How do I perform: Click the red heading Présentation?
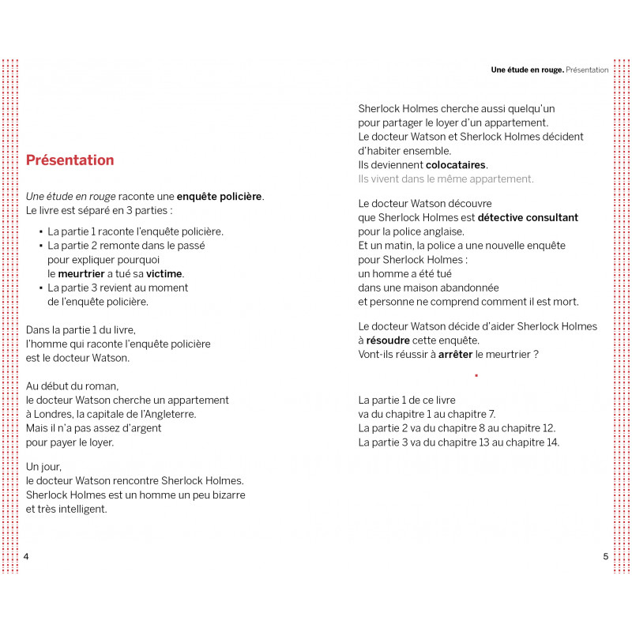[70, 160]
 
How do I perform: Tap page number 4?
[27, 556]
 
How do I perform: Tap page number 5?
[606, 556]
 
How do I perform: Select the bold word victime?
[164, 273]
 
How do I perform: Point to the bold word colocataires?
[456, 165]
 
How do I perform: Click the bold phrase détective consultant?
[528, 217]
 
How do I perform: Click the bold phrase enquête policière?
[219, 197]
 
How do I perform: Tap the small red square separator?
[476, 376]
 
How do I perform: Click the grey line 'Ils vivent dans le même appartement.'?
[446, 179]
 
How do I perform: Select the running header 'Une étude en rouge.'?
[527, 70]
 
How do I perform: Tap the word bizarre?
[226, 495]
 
